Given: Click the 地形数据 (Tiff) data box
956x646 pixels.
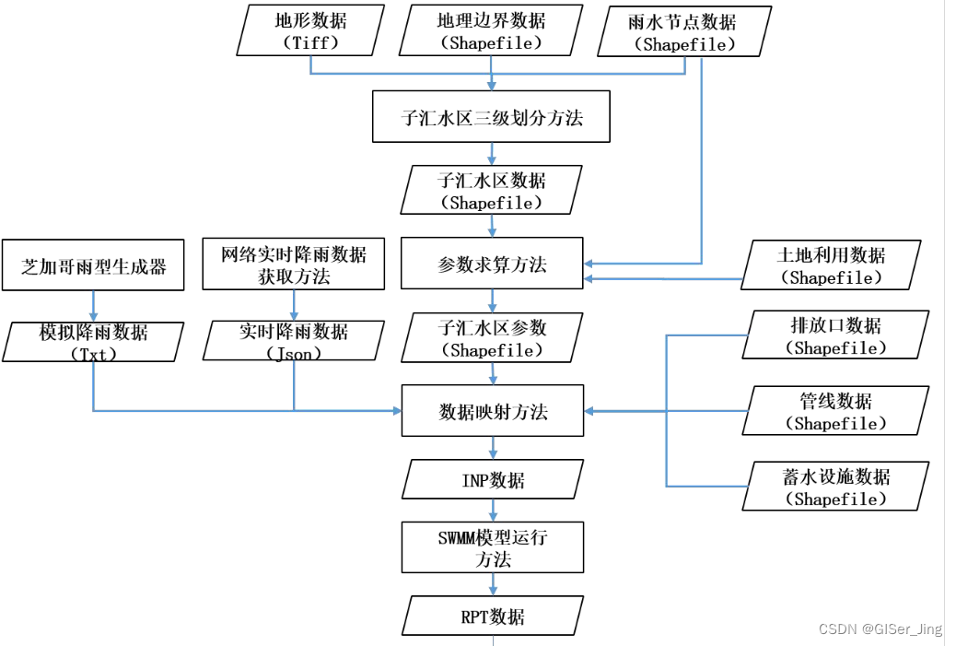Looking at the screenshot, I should coord(310,30).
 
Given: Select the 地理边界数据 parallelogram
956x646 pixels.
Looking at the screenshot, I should coord(491,30).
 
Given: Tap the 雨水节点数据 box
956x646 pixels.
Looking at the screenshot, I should coord(682,32).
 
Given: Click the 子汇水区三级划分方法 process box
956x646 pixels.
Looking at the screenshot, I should coord(491,116).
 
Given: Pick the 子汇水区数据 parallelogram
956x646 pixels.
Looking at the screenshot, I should coord(491,191).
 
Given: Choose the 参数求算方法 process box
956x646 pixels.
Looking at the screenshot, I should coord(492,264).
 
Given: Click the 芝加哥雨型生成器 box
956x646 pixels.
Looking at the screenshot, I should coord(94,265).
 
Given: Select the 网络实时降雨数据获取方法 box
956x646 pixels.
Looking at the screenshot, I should coord(294,264).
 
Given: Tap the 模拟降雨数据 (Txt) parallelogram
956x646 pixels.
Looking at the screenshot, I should coord(94,341).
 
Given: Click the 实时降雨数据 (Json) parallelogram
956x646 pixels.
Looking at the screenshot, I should coord(294,341).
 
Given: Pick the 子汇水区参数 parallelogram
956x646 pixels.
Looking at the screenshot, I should coord(492,337).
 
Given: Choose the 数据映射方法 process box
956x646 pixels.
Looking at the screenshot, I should coord(492,411).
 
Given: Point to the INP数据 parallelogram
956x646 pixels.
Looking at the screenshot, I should coord(492,480).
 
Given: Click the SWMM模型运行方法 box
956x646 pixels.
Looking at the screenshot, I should coord(492,547).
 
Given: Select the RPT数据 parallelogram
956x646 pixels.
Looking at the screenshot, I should coord(492,616).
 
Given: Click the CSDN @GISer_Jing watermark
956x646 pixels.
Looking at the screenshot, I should coord(880,628).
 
